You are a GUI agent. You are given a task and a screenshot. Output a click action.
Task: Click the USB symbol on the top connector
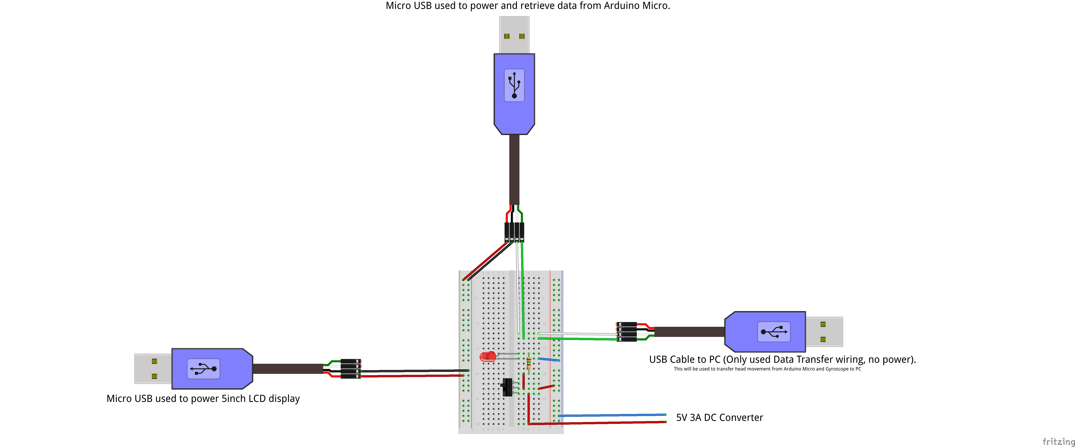click(x=514, y=85)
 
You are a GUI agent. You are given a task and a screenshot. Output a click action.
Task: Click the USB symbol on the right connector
click(x=774, y=332)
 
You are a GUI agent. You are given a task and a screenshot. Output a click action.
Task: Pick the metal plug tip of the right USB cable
click(x=824, y=332)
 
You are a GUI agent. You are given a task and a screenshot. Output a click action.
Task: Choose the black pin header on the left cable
click(x=350, y=368)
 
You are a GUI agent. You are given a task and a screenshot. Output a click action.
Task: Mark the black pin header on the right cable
click(x=627, y=332)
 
